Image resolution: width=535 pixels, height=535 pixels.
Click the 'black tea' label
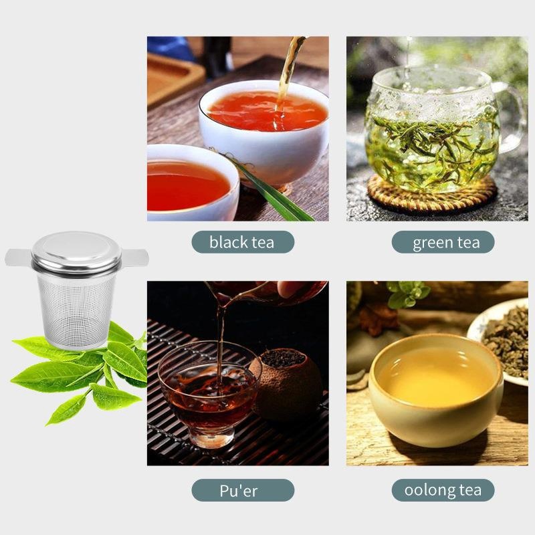[242, 242]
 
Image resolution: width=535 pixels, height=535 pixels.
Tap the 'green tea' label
[443, 242]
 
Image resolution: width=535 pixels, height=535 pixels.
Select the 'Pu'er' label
[242, 490]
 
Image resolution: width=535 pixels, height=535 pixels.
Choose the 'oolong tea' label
[443, 490]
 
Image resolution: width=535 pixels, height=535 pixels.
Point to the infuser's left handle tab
[18, 257]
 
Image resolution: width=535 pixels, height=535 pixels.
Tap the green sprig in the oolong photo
[408, 294]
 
